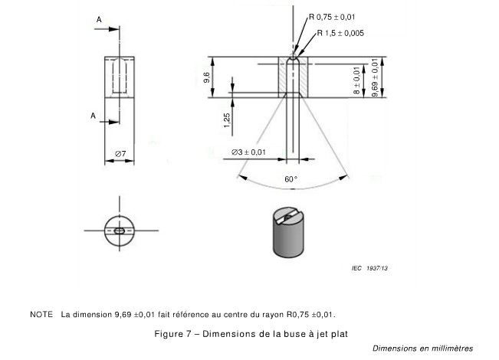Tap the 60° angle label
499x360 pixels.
coord(291,178)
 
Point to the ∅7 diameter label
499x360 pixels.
coord(120,154)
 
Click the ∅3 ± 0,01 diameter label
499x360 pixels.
coord(249,152)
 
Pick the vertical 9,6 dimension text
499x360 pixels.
coord(206,77)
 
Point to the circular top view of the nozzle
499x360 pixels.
coord(120,229)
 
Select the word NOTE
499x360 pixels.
coord(41,314)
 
